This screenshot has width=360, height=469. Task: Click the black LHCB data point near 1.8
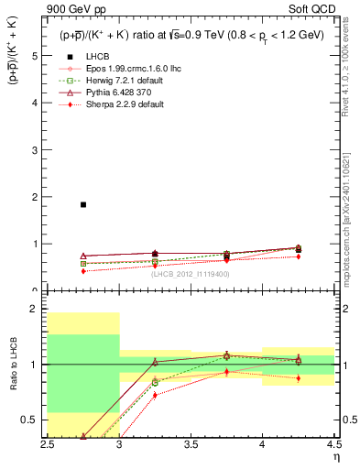(83, 204)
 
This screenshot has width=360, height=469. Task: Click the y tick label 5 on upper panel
(34, 55)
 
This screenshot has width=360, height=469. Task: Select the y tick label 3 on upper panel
(34, 149)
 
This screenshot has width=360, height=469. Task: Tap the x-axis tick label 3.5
(191, 444)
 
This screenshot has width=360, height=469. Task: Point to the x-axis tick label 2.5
(49, 444)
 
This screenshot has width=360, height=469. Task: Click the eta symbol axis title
(336, 455)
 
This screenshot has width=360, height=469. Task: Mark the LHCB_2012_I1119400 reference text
(191, 274)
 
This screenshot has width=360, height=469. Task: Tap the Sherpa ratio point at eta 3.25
(155, 395)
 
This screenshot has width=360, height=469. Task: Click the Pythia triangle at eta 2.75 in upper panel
(83, 256)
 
